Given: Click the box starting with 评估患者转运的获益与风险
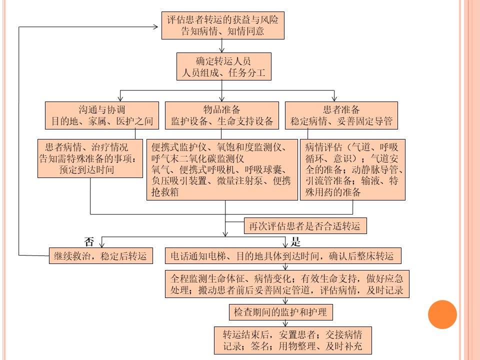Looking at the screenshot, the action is point(223,25).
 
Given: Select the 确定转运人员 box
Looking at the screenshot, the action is point(224,66).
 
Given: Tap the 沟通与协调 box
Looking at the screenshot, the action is point(102,115).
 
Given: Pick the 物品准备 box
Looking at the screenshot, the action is point(222,115).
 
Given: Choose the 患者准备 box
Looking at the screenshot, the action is point(341,115).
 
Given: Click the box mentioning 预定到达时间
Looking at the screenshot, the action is point(90,158).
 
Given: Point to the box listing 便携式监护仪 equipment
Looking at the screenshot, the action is point(222,169).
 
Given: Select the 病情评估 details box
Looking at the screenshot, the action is point(352,169).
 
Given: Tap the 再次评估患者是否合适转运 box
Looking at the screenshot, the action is point(305,226).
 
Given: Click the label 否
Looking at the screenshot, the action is point(89,242).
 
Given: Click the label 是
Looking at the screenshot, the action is point(295,242).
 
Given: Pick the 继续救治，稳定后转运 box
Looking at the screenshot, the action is point(101,255).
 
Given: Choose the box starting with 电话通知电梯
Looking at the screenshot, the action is point(283,255).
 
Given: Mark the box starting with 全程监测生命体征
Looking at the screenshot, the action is point(287,284).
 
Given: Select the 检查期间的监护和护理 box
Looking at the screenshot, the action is point(281,312).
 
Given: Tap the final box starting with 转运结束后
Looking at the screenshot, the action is point(293,340).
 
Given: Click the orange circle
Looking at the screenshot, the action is point(442,314).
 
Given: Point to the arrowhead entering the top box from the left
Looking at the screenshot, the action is point(155,27).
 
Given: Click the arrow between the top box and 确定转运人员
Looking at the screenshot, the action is point(222,46).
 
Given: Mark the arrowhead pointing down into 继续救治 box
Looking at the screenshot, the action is point(102,244).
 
